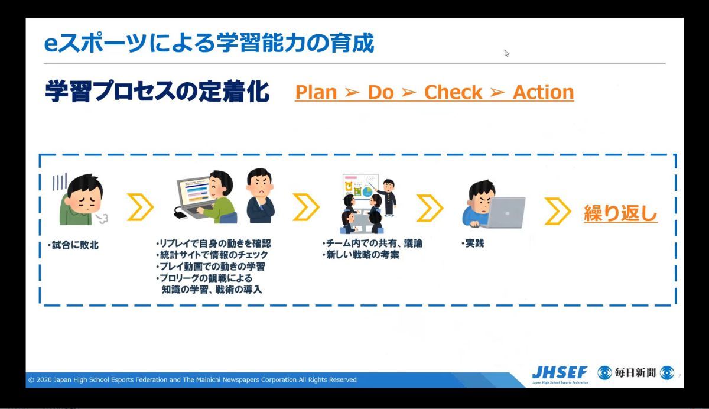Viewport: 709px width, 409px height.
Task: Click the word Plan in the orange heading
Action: (316, 92)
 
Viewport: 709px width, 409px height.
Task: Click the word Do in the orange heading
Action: (380, 92)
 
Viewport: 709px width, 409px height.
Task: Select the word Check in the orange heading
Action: (453, 92)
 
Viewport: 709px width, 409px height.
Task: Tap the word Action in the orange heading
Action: (543, 92)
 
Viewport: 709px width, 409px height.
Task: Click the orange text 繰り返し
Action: (620, 213)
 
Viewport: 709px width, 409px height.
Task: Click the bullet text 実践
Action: (473, 244)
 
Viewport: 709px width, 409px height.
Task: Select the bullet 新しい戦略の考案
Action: (361, 255)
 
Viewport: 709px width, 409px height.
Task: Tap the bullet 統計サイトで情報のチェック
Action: (212, 255)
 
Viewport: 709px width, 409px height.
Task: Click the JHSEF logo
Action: (560, 374)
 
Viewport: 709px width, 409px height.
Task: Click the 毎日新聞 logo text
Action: (635, 372)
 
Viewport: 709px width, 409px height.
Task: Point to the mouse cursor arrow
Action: (506, 54)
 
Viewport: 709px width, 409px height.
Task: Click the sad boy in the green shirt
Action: (82, 199)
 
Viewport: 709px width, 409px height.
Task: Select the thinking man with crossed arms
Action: (261, 196)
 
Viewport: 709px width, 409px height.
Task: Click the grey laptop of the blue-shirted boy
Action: (506, 212)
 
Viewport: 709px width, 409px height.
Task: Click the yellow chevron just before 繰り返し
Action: (557, 211)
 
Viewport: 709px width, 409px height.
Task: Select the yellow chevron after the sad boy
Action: (140, 207)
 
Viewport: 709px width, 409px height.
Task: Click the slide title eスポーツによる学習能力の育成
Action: (209, 43)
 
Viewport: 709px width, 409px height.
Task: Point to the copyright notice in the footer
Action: (193, 379)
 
